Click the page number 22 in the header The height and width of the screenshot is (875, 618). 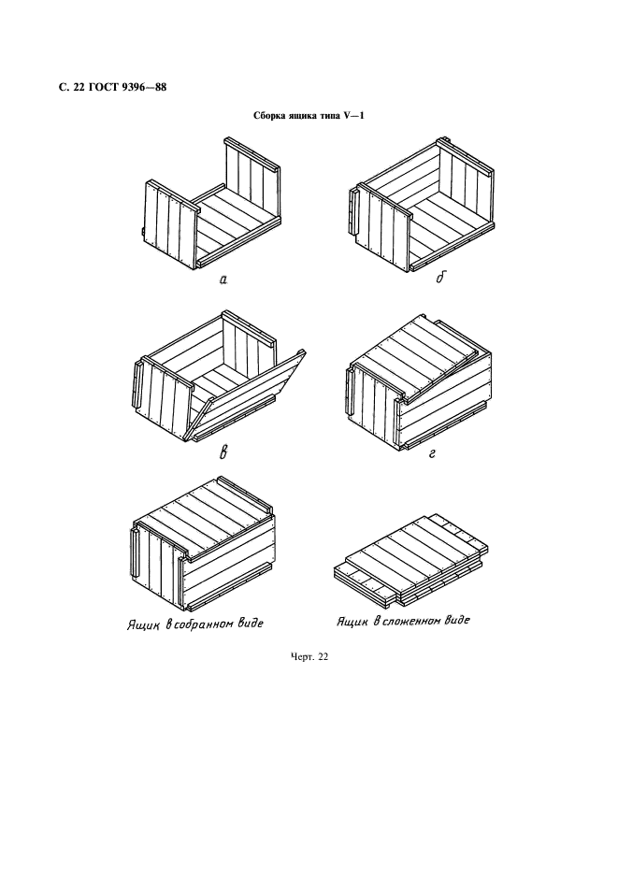[76, 88]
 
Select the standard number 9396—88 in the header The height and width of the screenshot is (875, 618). [144, 88]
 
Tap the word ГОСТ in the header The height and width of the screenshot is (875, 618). [102, 88]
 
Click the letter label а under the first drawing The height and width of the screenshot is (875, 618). [223, 280]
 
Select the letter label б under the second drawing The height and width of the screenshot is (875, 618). [441, 278]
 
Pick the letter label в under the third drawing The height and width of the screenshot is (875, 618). [223, 452]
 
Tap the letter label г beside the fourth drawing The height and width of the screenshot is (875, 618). [432, 453]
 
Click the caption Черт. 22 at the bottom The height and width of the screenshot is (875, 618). [309, 657]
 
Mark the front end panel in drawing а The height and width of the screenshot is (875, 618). [171, 222]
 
